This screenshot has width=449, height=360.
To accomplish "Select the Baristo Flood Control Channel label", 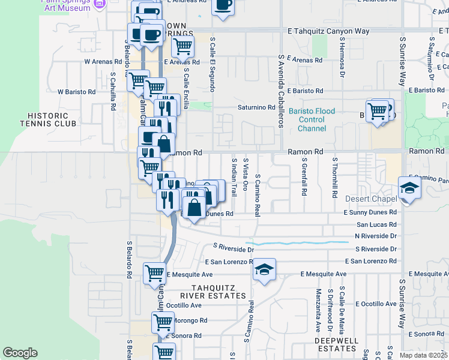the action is (x=312, y=119).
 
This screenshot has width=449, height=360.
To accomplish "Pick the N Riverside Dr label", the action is (x=376, y=236).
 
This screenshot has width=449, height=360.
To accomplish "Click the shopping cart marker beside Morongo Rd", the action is (x=163, y=322).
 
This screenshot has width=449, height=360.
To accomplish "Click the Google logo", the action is (x=20, y=353).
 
